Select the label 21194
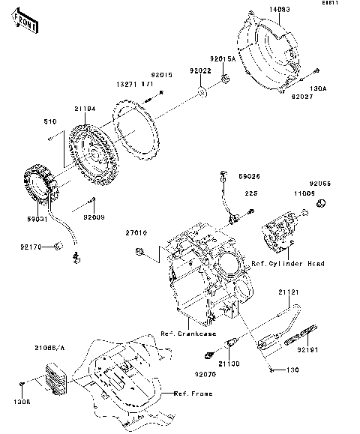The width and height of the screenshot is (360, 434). (x=85, y=109)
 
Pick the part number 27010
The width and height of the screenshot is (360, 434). (x=136, y=233)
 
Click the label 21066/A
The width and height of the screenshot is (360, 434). (x=49, y=347)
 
